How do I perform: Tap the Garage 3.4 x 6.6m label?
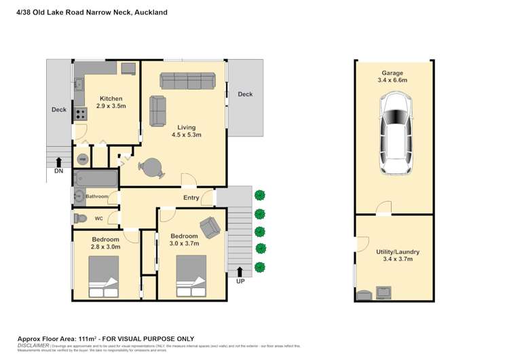coord(392,77)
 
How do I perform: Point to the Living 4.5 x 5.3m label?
coord(186,131)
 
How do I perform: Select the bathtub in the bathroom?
coord(95,179)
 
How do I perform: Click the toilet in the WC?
coord(79,219)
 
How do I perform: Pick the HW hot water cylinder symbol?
coord(82,159)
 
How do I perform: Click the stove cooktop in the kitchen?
coord(80,115)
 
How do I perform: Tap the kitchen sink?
coord(79,84)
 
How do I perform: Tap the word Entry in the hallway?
coord(191,198)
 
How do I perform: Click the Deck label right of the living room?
coord(245,94)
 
